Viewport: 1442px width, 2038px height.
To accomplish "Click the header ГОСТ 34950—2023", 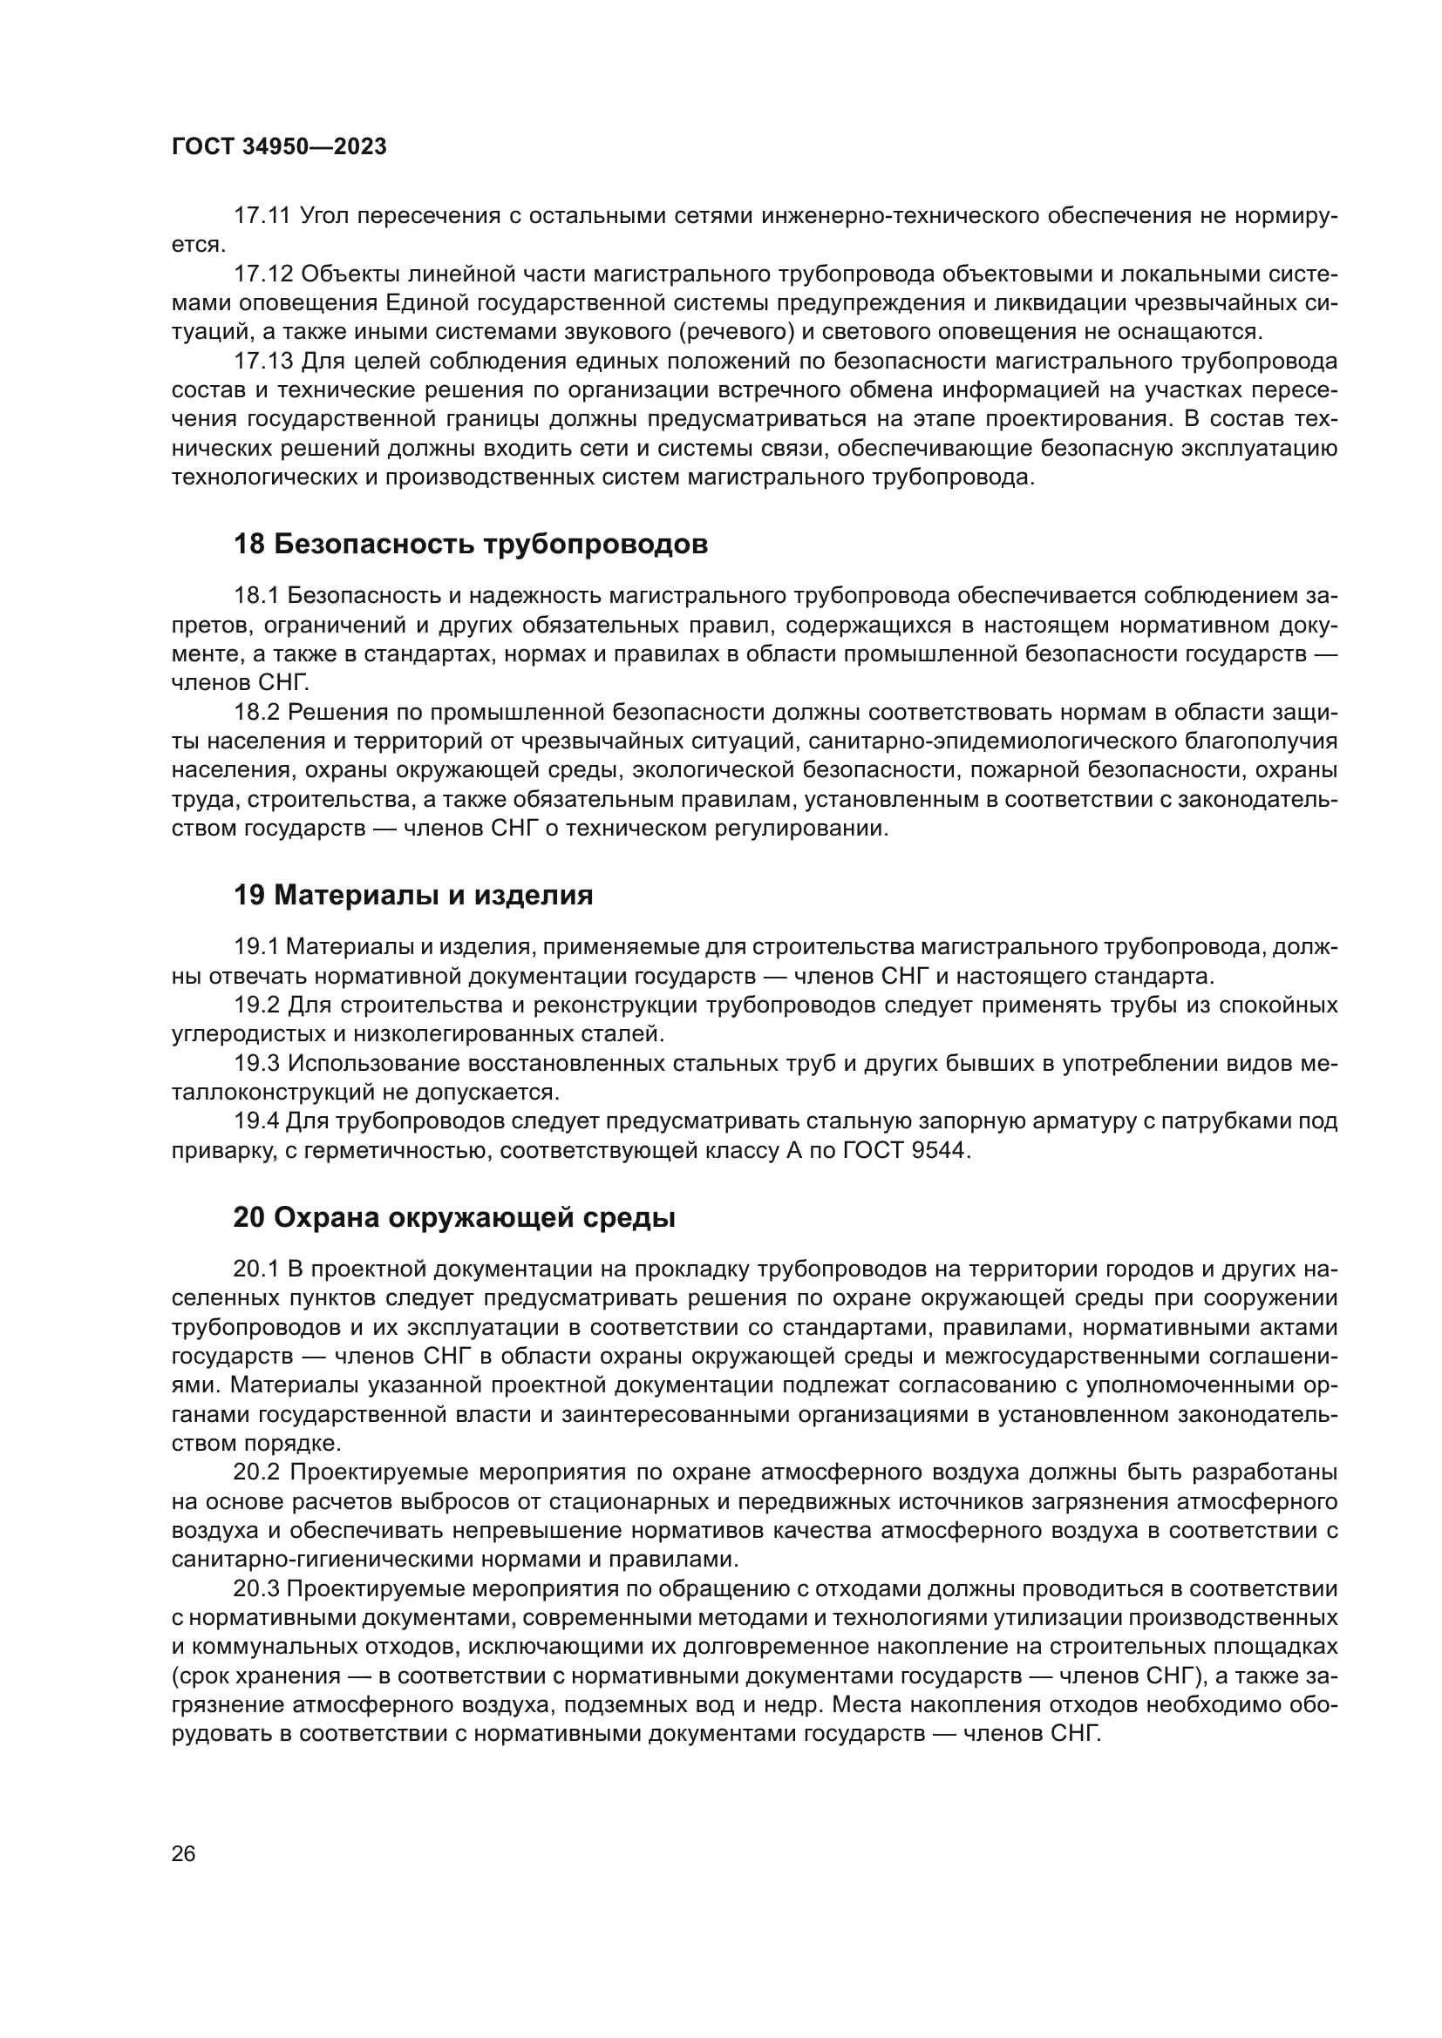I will click(x=279, y=147).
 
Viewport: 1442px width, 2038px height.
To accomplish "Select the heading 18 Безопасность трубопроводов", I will click(x=471, y=544).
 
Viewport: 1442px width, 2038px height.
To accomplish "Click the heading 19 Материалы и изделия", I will click(x=413, y=896).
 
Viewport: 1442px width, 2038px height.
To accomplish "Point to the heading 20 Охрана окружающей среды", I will click(x=453, y=1218).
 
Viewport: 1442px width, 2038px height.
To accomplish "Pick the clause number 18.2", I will click(x=256, y=712).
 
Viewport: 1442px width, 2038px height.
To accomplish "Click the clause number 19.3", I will click(x=256, y=1063).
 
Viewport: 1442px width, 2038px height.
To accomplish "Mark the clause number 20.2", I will click(x=256, y=1473).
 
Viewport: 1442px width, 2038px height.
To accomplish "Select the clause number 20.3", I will click(x=256, y=1589).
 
